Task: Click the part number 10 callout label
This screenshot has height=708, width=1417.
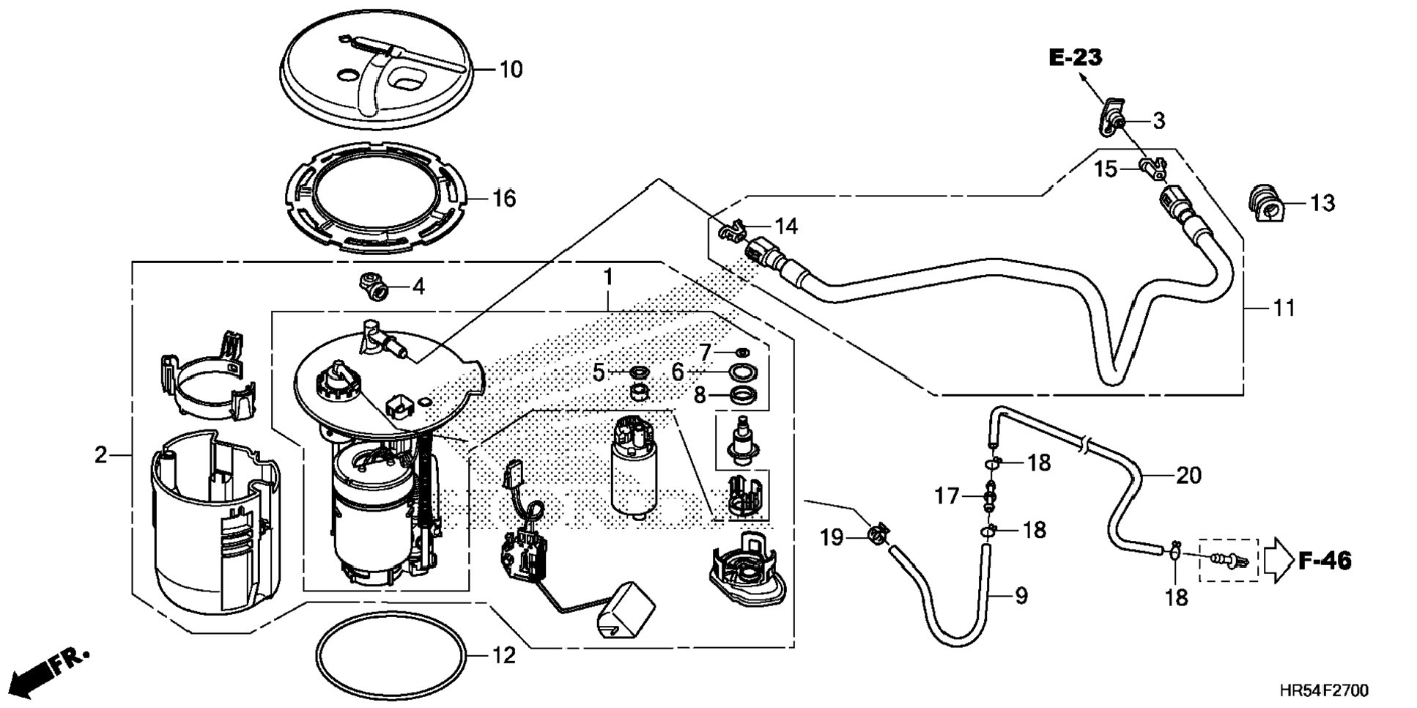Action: point(511,70)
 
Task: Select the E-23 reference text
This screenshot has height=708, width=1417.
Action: point(1076,57)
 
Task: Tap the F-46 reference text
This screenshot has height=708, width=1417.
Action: point(1325,561)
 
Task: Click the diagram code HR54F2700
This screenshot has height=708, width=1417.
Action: point(1324,690)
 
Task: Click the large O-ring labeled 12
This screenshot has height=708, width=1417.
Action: point(391,653)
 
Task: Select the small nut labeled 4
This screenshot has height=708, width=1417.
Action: point(374,285)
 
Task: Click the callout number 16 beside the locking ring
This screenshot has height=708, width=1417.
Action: point(504,198)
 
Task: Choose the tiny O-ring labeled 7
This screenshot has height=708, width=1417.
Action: point(741,353)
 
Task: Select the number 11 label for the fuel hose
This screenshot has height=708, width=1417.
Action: point(1284,308)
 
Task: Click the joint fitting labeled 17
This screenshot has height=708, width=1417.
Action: point(990,496)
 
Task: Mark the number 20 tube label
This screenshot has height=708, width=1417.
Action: point(1188,476)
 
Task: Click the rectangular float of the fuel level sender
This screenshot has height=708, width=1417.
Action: point(626,611)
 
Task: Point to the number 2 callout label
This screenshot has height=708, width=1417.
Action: point(100,455)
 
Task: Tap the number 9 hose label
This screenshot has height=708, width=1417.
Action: point(1021,596)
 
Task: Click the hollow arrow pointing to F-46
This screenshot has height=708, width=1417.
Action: point(1280,561)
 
